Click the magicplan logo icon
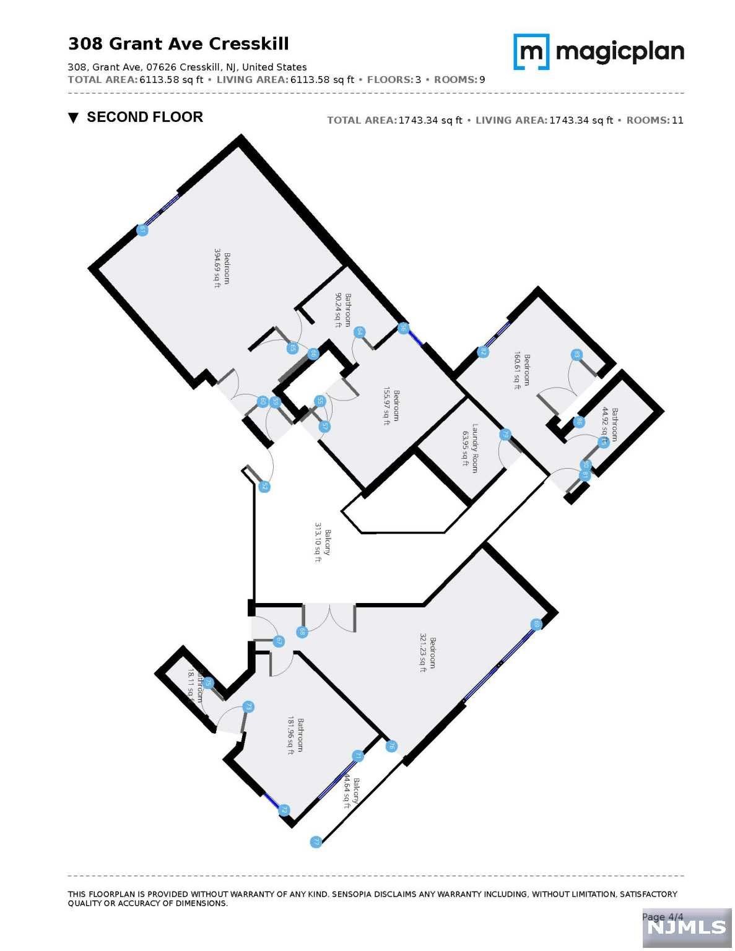(531, 51)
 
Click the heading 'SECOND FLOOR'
(144, 117)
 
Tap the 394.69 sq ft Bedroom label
(222, 269)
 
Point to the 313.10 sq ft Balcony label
(322, 542)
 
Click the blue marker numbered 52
(264, 487)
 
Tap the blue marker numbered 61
(142, 230)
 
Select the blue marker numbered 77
(316, 842)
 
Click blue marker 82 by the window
(483, 352)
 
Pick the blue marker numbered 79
(505, 435)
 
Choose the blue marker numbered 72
(284, 810)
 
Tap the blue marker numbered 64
(359, 332)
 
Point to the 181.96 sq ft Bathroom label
(295, 735)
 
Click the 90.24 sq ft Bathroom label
(343, 310)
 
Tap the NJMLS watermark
(686, 927)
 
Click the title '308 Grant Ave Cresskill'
(178, 44)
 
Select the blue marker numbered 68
(302, 632)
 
